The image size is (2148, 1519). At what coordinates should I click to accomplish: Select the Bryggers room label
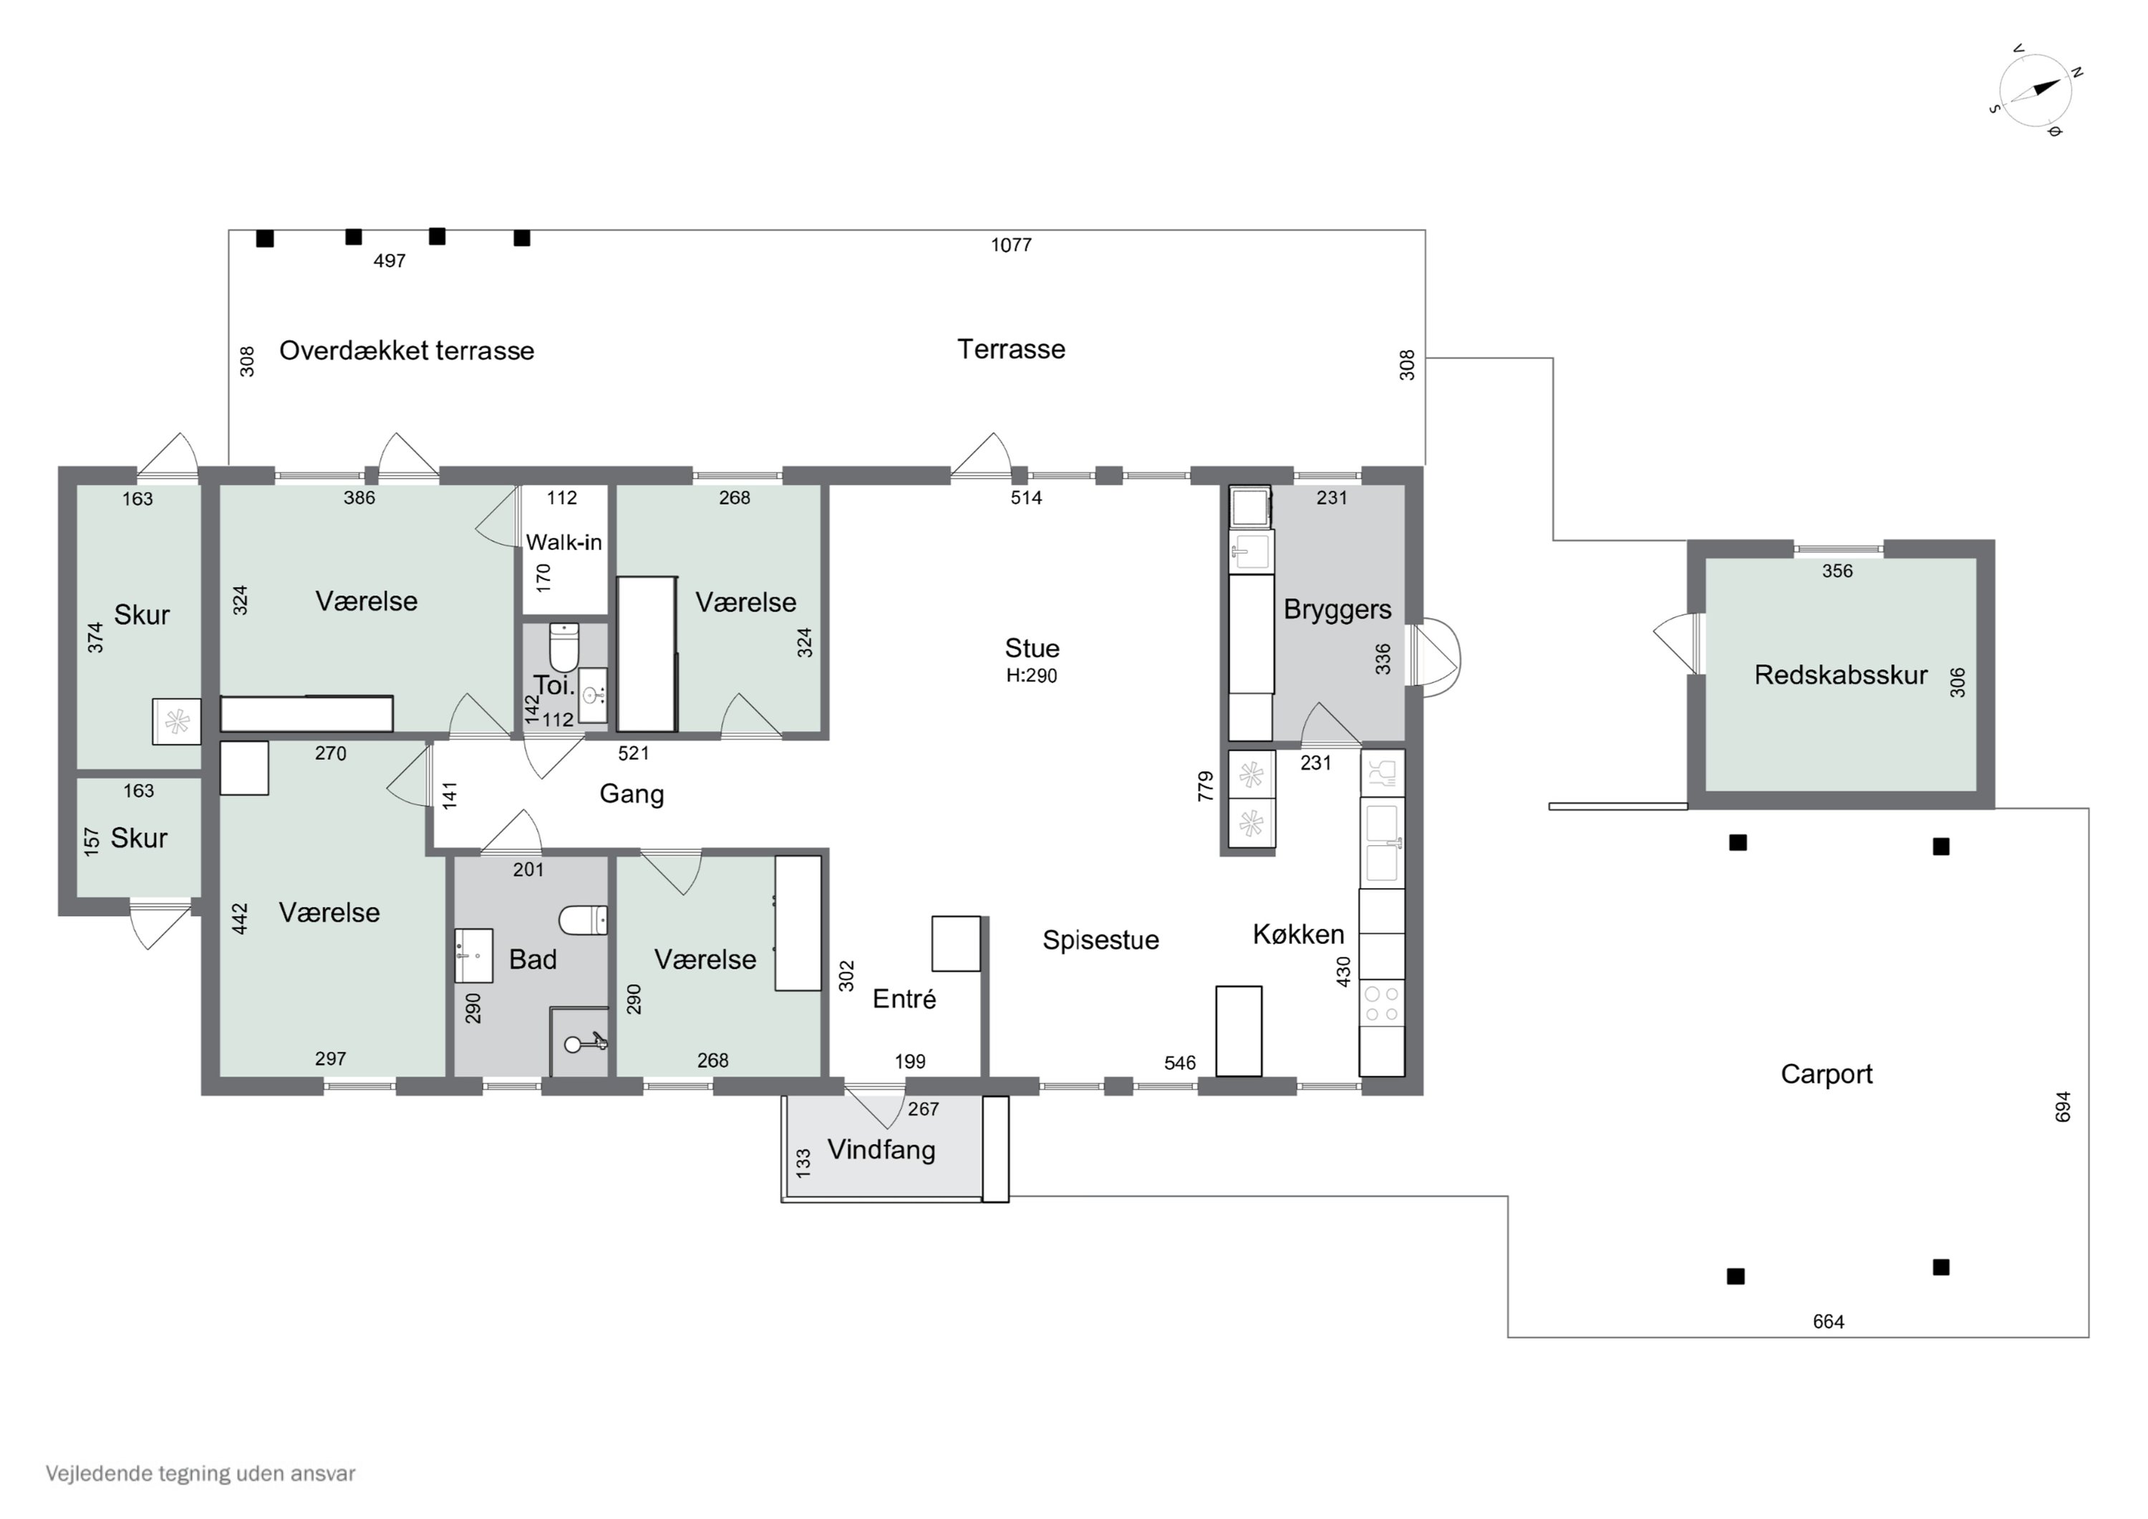[x=1337, y=609]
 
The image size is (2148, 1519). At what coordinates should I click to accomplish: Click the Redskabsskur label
[x=1840, y=675]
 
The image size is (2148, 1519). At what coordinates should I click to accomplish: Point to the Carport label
[x=1827, y=1074]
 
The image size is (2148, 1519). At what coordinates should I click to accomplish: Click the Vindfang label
[x=881, y=1149]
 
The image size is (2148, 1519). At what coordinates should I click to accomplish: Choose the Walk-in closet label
[x=563, y=542]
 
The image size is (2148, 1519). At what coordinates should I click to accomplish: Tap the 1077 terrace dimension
[x=1011, y=245]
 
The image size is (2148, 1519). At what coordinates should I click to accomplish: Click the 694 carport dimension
[x=2063, y=1107]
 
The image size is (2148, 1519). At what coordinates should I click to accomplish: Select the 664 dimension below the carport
[x=1828, y=1321]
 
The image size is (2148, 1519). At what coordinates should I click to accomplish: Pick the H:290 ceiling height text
[x=1032, y=676]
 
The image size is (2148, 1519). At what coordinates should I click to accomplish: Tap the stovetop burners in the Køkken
[x=1382, y=1003]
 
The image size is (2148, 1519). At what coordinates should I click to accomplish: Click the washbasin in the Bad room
[x=473, y=955]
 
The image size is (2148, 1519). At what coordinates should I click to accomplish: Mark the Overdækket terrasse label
[x=407, y=351]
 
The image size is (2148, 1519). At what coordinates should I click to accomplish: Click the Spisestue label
[x=1101, y=940]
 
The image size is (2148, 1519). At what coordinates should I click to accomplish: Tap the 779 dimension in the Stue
[x=1206, y=786]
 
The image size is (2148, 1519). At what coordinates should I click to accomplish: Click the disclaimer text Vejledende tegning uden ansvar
[x=200, y=1473]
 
